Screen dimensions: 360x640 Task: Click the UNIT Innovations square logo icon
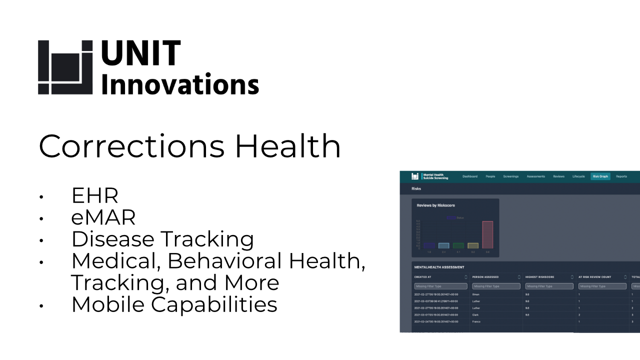click(65, 67)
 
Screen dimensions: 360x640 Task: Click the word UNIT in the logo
click(140, 53)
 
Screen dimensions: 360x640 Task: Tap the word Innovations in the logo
click(180, 83)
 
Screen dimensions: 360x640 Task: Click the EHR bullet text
click(94, 196)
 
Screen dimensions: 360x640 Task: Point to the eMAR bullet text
click(103, 217)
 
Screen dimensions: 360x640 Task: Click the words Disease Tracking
click(162, 239)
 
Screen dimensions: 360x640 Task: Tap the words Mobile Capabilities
click(174, 304)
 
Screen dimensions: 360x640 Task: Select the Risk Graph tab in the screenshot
click(600, 176)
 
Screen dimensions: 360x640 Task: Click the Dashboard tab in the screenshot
click(469, 176)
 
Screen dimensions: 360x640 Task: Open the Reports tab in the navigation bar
click(621, 176)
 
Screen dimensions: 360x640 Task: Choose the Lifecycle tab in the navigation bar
click(578, 176)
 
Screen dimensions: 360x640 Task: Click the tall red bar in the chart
click(487, 234)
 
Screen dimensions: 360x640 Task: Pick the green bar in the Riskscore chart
click(458, 245)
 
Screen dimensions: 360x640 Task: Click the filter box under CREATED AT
click(440, 286)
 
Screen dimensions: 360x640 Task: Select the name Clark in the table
click(475, 315)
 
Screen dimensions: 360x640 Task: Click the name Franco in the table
click(476, 321)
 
